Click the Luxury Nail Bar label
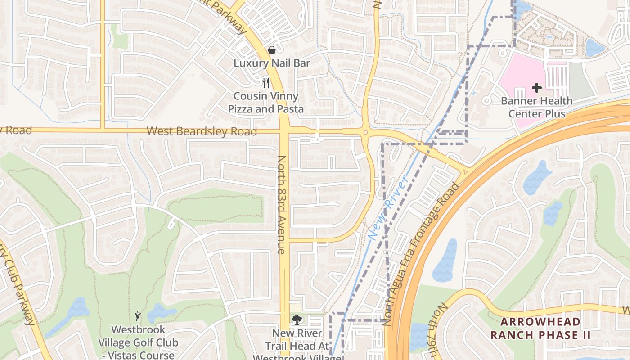(272, 63)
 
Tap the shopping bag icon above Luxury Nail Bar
(272, 50)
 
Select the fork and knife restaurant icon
(266, 82)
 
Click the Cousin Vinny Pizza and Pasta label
(265, 103)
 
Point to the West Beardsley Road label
(202, 131)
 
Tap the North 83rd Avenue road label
(282, 205)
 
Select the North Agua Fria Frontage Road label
(421, 254)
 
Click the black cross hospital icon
(536, 88)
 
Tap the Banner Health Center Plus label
(537, 107)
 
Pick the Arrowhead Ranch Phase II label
(540, 328)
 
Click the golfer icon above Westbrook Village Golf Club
(138, 317)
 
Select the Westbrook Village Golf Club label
(138, 342)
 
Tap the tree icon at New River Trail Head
(297, 320)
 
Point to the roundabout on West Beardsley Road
(365, 132)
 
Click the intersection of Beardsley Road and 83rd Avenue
(285, 131)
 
